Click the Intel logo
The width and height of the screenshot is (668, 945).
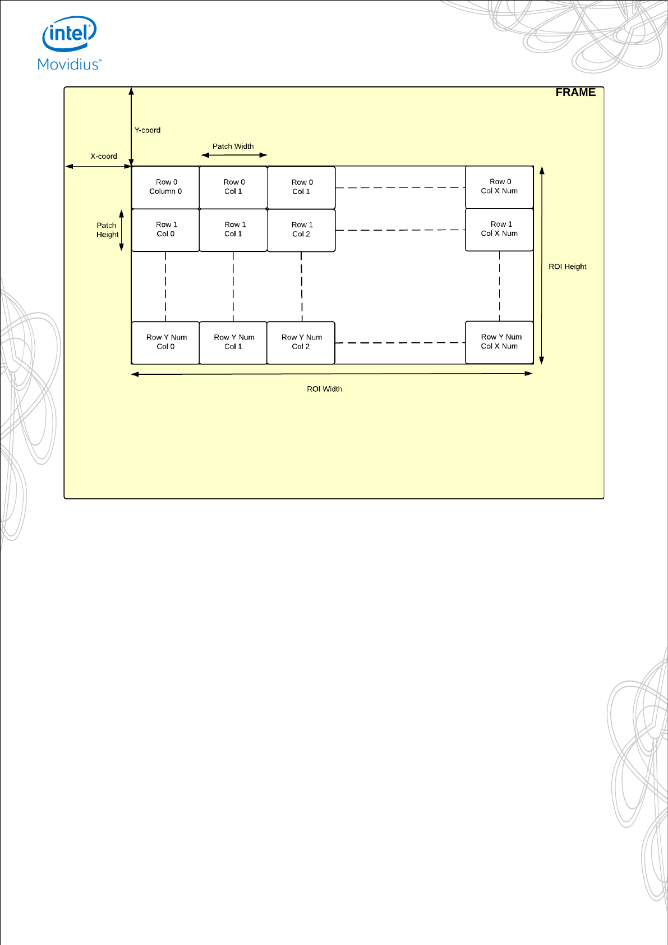[70, 34]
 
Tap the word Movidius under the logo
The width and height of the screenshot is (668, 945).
[69, 65]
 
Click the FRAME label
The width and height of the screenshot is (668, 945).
[575, 93]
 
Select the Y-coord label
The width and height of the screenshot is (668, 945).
[148, 130]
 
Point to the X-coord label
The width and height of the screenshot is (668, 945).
[104, 157]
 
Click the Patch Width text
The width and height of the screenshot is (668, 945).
[233, 146]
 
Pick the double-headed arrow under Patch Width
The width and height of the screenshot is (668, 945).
[234, 155]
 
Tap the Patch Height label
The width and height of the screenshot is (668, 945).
[107, 230]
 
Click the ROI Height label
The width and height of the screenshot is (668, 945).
[567, 267]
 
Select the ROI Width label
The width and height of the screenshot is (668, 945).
[324, 389]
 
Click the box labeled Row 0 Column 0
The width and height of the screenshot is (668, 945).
[165, 187]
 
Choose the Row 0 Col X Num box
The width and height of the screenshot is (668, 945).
[499, 186]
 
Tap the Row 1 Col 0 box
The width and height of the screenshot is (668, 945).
[165, 230]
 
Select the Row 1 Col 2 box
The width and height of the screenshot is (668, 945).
[301, 230]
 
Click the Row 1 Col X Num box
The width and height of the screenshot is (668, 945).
[499, 229]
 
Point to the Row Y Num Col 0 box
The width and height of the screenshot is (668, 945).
[165, 342]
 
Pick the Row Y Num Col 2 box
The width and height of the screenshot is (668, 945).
[301, 342]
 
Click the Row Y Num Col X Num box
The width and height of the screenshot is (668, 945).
[499, 342]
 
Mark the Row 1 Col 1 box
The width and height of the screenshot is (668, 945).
[233, 230]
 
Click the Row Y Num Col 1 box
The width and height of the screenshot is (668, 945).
[233, 342]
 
